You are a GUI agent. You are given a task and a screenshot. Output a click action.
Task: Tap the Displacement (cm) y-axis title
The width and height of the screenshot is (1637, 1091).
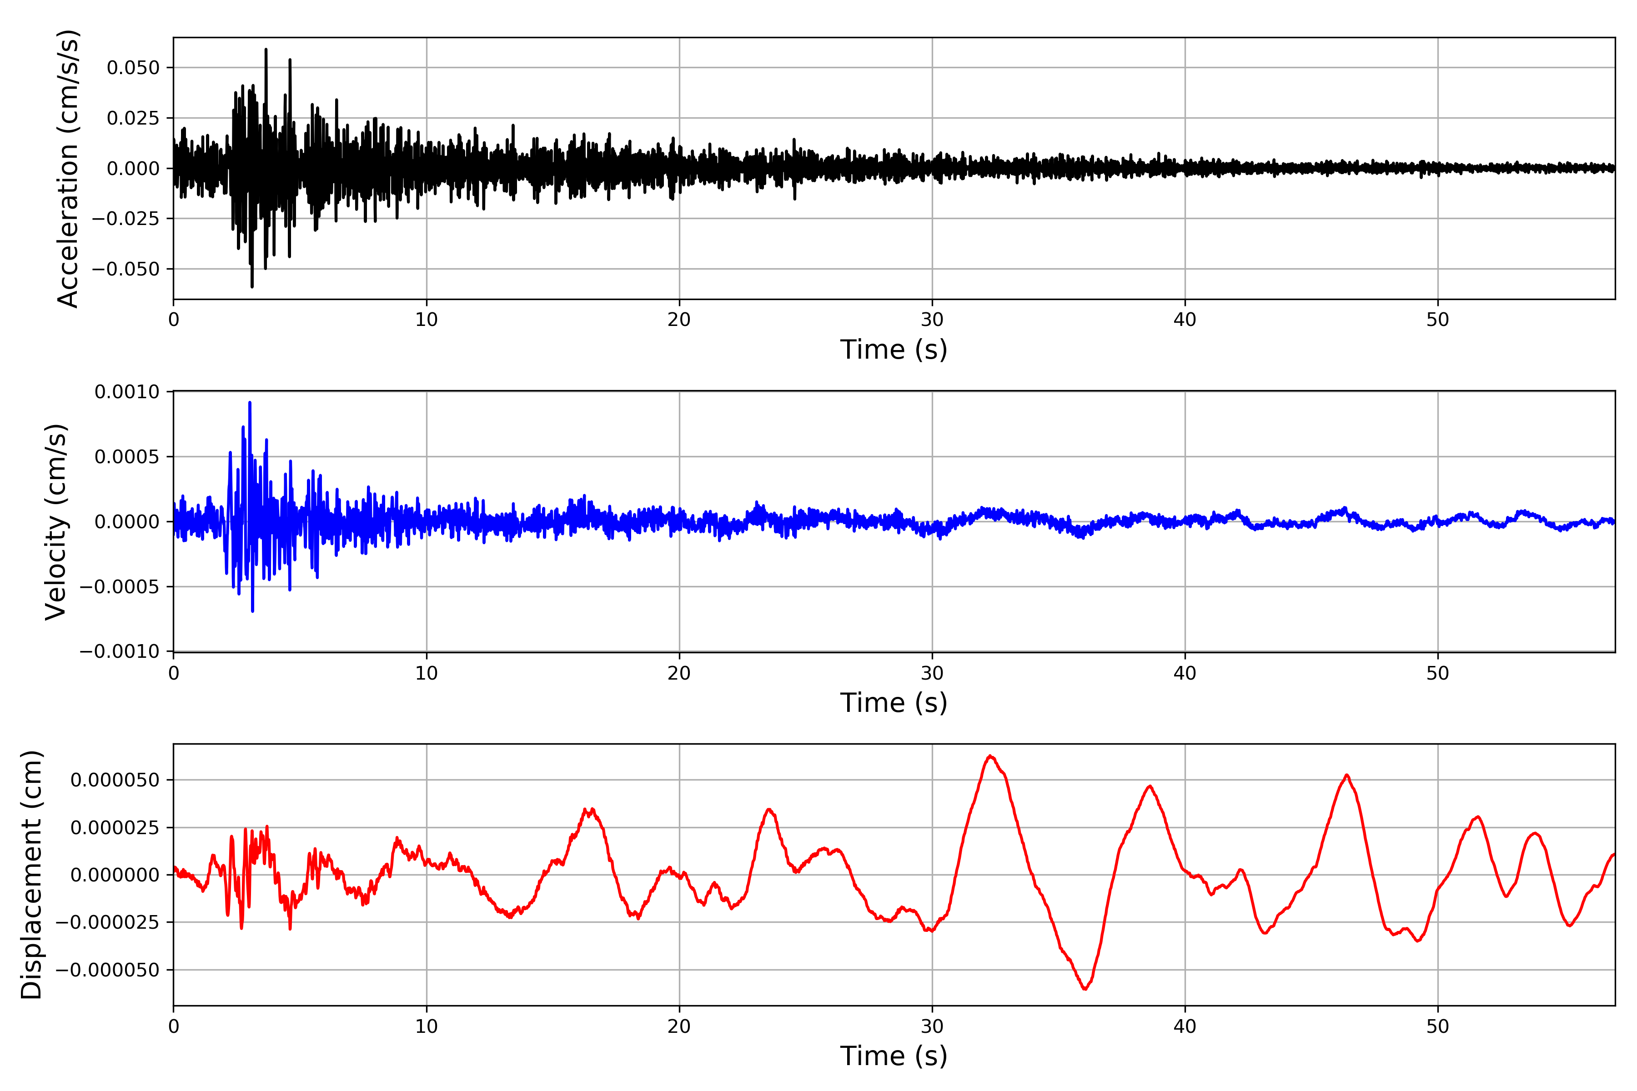coord(31,875)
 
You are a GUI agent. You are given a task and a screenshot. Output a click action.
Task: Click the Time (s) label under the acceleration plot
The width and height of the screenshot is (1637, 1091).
coord(894,349)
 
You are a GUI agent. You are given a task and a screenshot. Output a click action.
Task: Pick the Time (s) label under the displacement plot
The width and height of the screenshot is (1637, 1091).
coord(894,1056)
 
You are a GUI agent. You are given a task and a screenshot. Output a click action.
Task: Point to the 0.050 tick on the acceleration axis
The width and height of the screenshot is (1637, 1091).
coord(133,68)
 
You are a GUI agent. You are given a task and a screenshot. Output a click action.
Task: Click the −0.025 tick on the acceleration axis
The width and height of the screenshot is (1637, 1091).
coord(126,219)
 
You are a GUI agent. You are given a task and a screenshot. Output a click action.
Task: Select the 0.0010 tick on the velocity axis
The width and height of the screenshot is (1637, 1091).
coord(127,392)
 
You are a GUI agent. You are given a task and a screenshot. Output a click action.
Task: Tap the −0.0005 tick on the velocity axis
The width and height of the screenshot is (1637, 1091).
coord(120,586)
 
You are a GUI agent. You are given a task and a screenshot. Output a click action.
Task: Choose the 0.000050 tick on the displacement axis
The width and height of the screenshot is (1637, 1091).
coord(115,780)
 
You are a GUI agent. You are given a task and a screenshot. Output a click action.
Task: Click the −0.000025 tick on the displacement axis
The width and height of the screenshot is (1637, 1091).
coord(108,923)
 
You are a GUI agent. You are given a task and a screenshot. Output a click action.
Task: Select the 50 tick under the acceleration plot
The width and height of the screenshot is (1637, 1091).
coord(1437,320)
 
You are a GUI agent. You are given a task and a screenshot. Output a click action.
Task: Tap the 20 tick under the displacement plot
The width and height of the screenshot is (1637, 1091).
coord(679,1026)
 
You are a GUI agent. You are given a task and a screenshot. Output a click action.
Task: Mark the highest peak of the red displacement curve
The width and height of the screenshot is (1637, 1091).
coord(990,756)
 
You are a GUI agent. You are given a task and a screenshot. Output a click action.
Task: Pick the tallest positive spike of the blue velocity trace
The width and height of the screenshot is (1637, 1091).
coord(250,403)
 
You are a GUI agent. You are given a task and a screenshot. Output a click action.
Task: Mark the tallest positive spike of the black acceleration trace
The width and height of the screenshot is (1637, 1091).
coord(266,50)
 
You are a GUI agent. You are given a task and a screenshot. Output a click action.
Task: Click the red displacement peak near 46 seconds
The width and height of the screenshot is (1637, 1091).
coord(1347,775)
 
